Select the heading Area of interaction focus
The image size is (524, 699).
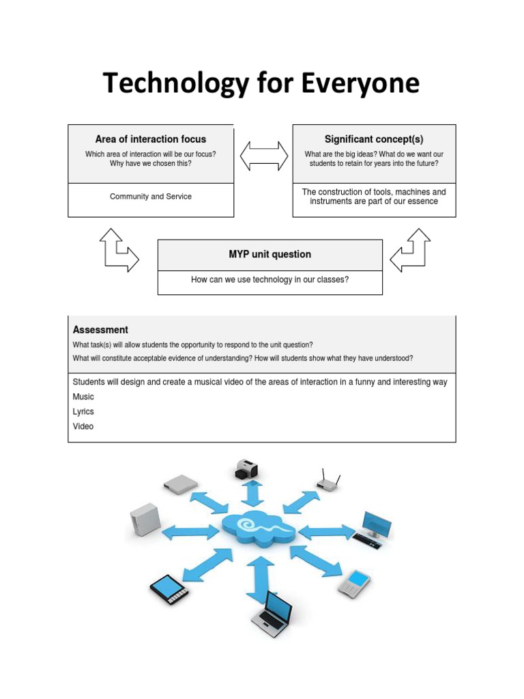tap(151, 139)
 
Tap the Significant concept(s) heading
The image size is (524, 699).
tap(374, 139)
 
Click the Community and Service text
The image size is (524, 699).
tap(151, 197)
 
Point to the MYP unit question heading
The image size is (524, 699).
tap(270, 255)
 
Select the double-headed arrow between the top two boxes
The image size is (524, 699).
tap(264, 155)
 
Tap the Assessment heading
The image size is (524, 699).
tap(100, 330)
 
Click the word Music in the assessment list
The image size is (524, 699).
tap(83, 397)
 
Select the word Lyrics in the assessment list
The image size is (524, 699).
tap(83, 412)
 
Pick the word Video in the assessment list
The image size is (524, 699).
tap(83, 427)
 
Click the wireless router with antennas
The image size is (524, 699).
tap(328, 482)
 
